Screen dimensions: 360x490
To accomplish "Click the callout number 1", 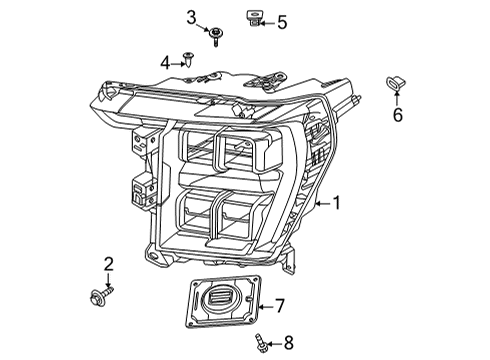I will (x=337, y=204).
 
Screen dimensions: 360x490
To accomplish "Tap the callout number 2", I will (x=109, y=264).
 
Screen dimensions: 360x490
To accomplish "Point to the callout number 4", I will (x=165, y=62).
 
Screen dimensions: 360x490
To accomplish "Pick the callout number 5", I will (x=281, y=22).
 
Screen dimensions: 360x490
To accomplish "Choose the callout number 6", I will (x=397, y=115).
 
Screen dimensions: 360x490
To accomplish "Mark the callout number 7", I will (x=280, y=305).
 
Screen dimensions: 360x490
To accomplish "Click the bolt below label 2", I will (x=105, y=295).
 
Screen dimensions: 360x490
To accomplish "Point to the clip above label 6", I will (x=395, y=84).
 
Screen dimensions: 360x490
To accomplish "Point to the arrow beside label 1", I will (x=321, y=204).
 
